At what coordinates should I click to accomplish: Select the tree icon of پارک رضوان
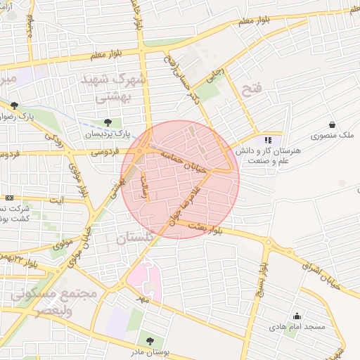13,105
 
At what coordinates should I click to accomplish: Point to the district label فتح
251,89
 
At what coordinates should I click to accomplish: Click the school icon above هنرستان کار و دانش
267,139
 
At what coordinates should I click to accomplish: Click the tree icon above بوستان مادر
149,341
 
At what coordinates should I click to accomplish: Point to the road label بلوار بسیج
261,277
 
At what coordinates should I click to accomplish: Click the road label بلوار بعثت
194,226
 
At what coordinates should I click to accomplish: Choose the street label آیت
56,200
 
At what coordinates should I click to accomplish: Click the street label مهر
145,300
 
